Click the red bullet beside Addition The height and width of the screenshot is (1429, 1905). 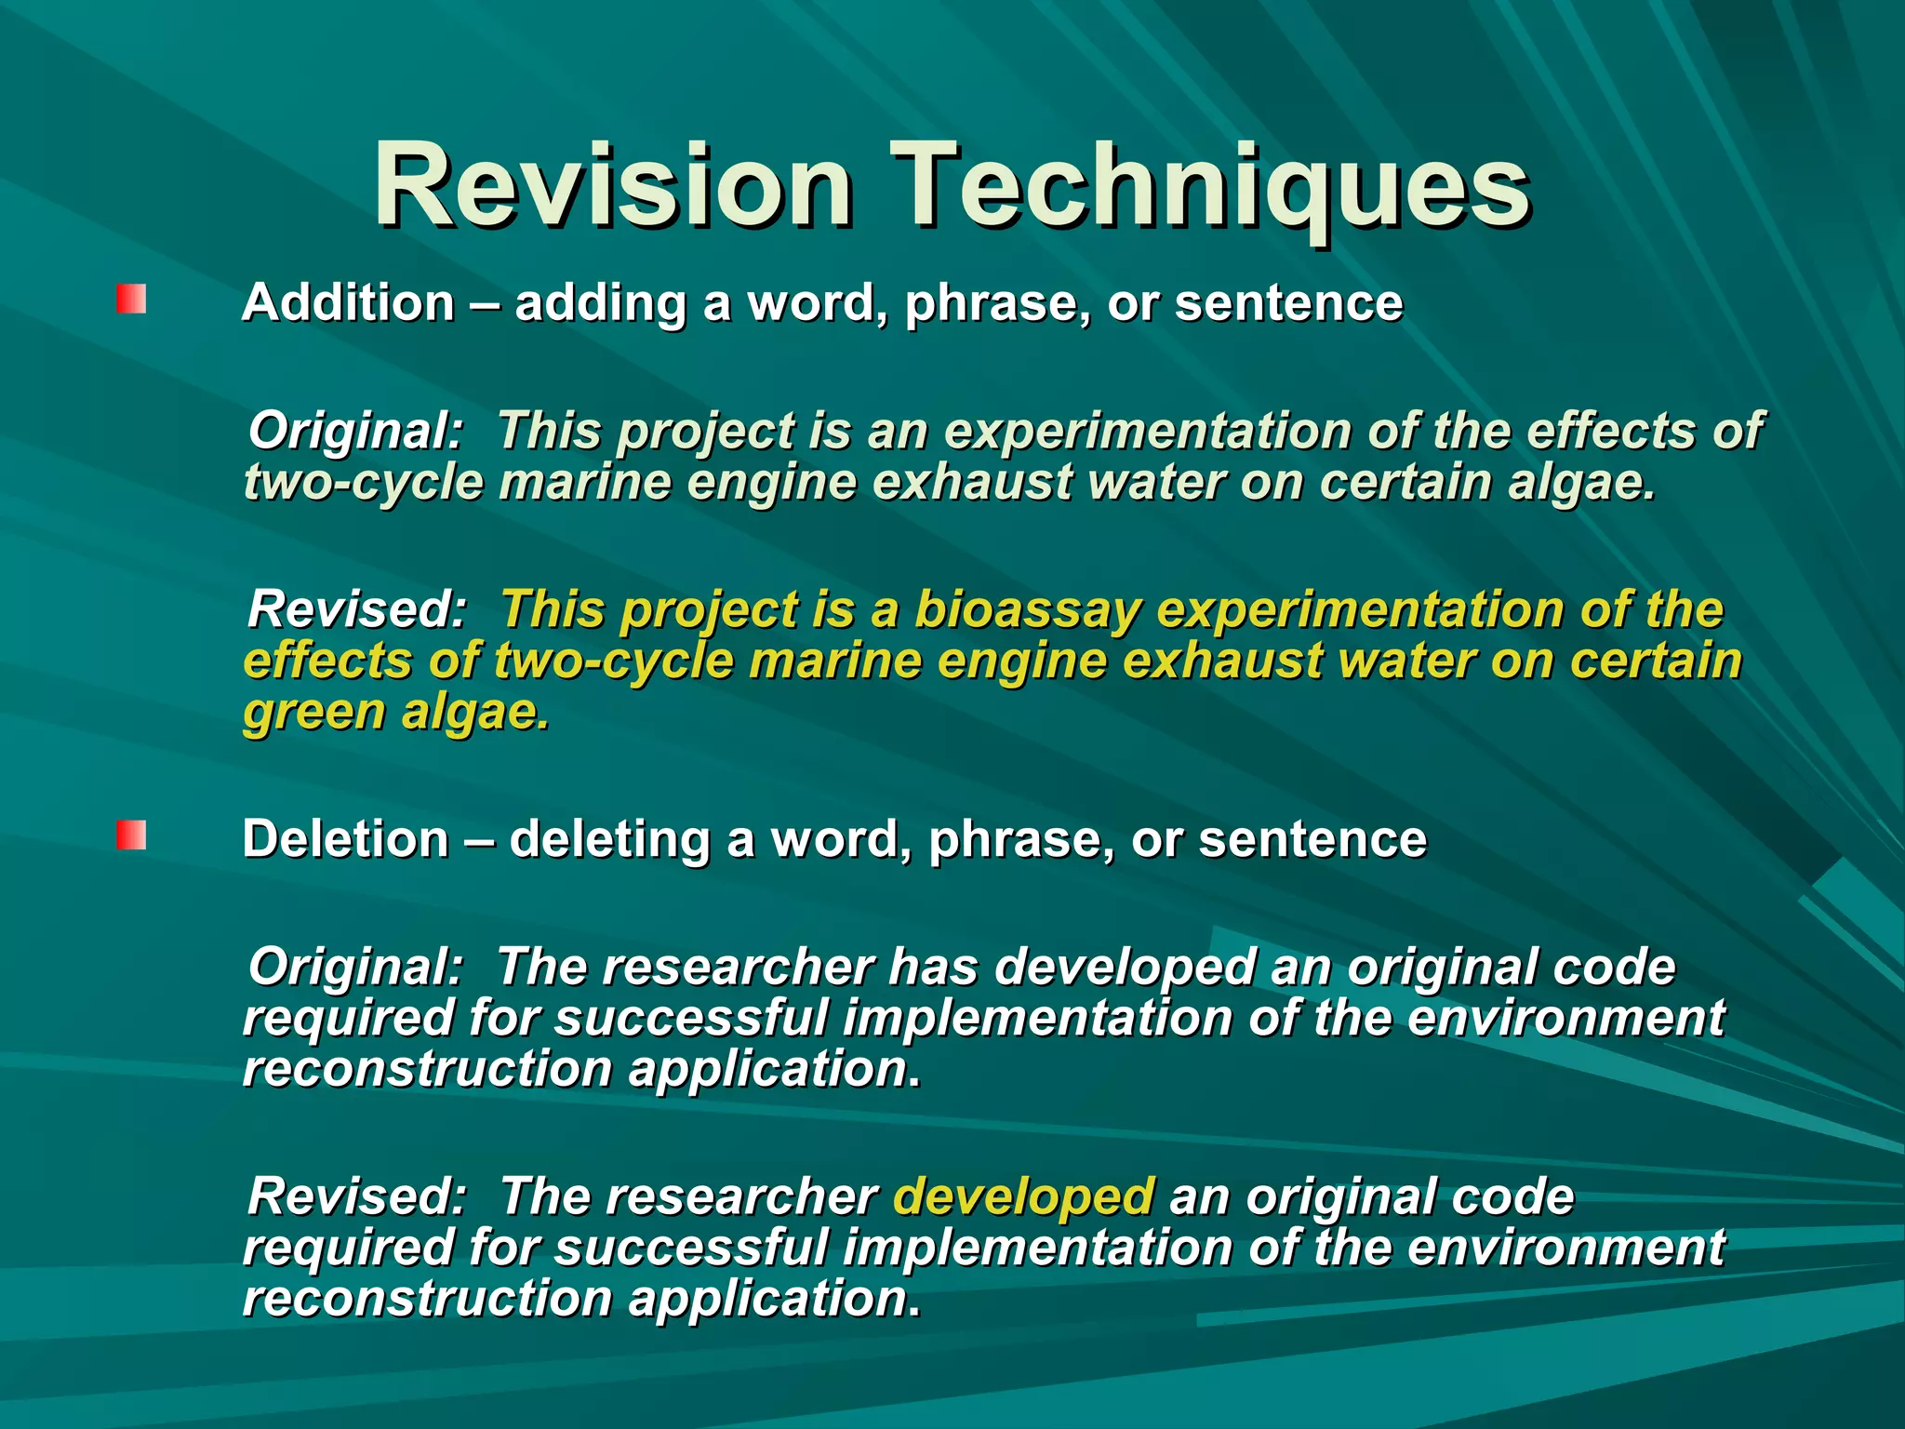pyautogui.click(x=131, y=300)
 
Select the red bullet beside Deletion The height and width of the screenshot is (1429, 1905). pyautogui.click(x=131, y=835)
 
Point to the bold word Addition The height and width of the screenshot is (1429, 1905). pyautogui.click(x=348, y=303)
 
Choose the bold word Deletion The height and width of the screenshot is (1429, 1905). pyautogui.click(x=345, y=839)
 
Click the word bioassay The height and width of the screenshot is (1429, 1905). pyautogui.click(x=1027, y=611)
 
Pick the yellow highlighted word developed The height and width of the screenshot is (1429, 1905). pyautogui.click(x=1023, y=1196)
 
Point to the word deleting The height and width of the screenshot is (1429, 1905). pyautogui.click(x=609, y=839)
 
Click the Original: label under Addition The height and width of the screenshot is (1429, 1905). pyautogui.click(x=355, y=432)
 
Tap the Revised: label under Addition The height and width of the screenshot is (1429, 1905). pyautogui.click(x=356, y=610)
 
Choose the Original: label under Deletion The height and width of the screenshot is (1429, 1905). pyautogui.click(x=355, y=968)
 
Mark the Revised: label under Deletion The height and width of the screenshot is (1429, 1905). pyautogui.click(x=356, y=1196)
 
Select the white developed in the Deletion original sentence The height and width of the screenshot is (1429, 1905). pyautogui.click(x=1126, y=968)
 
